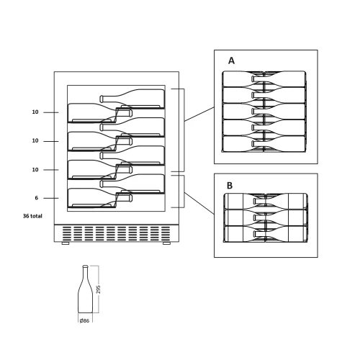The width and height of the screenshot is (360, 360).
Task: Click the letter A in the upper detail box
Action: (x=231, y=60)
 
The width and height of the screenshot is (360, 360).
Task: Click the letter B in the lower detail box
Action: (x=230, y=186)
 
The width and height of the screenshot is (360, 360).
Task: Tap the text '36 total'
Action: (x=32, y=216)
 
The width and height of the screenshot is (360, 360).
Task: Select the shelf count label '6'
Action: (x=37, y=198)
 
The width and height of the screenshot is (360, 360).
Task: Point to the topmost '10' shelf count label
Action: (x=35, y=112)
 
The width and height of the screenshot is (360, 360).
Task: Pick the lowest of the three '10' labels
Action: (x=35, y=170)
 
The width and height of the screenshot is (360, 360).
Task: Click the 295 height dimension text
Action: (x=98, y=289)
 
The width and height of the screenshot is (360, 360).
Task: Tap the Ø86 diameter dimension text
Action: (x=84, y=320)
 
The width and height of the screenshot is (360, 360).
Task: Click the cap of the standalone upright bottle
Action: (x=85, y=266)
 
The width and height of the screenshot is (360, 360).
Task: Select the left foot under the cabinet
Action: (x=66, y=243)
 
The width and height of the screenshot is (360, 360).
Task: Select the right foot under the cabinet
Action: (x=166, y=243)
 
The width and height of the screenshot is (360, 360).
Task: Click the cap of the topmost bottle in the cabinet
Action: (x=102, y=99)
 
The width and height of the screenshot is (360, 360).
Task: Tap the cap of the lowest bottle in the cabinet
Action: (x=130, y=198)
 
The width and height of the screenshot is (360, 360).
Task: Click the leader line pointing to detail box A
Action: (x=199, y=114)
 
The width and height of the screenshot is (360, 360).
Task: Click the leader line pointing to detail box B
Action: (x=199, y=203)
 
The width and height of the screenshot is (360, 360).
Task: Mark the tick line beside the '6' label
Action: (x=51, y=198)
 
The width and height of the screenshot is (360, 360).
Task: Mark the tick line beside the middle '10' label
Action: (x=51, y=141)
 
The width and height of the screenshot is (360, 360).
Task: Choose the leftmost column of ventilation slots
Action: (x=67, y=233)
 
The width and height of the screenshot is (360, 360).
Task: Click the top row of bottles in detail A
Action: (x=264, y=78)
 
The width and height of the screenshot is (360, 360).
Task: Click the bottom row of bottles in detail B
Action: (x=266, y=234)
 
